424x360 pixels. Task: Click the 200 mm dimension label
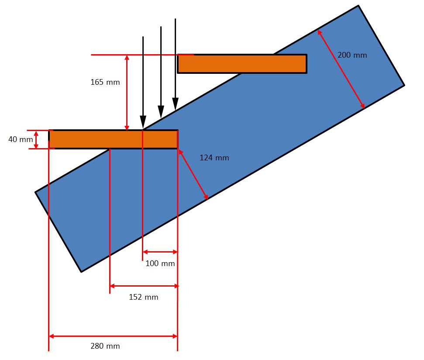tap(352, 55)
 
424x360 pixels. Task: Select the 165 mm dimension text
tap(105, 82)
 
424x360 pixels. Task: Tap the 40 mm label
tap(21, 140)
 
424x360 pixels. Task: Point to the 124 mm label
tap(214, 158)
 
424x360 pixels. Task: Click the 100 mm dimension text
tap(160, 263)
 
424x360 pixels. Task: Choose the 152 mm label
tap(144, 298)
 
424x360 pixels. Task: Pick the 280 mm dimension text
tap(105, 346)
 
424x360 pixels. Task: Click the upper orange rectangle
tap(242, 64)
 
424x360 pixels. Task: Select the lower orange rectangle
tap(113, 139)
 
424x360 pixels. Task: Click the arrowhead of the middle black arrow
tap(161, 112)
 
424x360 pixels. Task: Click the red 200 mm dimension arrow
tap(341, 69)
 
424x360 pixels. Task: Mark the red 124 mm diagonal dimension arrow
tap(193, 174)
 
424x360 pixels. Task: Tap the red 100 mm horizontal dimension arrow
tap(160, 252)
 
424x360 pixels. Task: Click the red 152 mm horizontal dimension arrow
tap(144, 286)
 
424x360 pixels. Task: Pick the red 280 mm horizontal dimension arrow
tap(113, 336)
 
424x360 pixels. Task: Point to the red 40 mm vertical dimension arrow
tap(36, 140)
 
